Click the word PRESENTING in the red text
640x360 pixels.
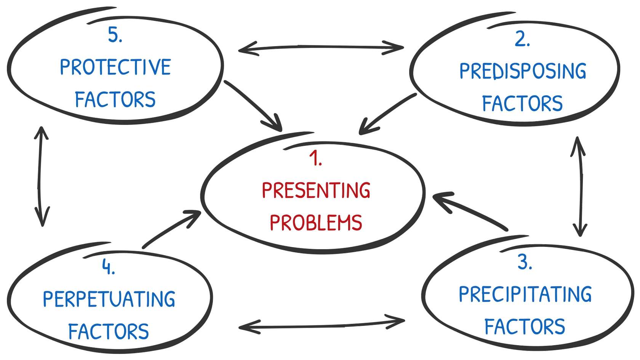[316, 190]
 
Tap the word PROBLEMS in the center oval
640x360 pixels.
[316, 222]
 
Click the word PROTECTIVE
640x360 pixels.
[115, 67]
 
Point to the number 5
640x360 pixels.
[115, 35]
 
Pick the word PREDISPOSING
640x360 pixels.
[523, 71]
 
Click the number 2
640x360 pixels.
[522, 39]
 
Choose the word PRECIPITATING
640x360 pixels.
[525, 294]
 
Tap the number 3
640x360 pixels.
[525, 262]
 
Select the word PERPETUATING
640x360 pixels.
[109, 299]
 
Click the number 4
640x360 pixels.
[108, 267]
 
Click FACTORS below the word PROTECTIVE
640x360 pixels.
[115, 100]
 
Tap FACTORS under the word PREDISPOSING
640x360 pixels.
[522, 104]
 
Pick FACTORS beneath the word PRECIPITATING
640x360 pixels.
[525, 327]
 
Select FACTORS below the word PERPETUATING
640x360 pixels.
[109, 331]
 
